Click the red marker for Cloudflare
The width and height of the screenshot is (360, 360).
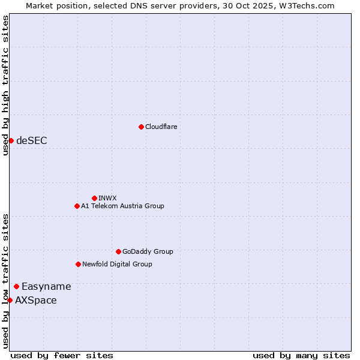coord(141,127)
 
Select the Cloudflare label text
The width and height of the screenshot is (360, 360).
coord(161,127)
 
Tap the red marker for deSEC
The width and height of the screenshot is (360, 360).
coord(11,140)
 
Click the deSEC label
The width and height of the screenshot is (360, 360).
coord(32,141)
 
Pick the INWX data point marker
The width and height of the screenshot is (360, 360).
coord(94,198)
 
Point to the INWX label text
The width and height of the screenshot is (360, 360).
coord(107,198)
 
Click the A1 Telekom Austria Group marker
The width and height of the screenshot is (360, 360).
coord(77,206)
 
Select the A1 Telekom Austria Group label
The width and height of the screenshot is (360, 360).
coord(122,206)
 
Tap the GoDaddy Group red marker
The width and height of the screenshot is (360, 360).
coord(118,251)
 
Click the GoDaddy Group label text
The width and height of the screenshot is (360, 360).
coord(148,251)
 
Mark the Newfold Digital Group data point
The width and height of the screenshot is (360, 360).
coord(78,264)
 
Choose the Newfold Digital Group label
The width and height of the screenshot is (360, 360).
coord(117,264)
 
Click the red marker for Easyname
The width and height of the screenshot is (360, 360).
coord(16,286)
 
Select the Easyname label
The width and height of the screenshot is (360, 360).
coord(46,287)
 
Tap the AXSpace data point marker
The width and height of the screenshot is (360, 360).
coord(10,300)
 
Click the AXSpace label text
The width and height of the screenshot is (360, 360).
coord(36,301)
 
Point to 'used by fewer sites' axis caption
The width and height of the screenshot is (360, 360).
coord(62,355)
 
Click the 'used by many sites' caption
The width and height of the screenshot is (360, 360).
coord(301,355)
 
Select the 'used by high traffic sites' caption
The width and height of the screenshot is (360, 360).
coord(5,85)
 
